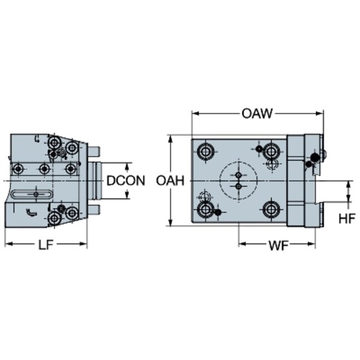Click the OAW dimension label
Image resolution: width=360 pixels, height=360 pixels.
coord(257,113)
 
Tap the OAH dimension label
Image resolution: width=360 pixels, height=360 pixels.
coord(170,181)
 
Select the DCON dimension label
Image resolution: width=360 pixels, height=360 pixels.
coord(126,181)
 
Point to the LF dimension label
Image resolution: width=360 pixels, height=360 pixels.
coord(46,245)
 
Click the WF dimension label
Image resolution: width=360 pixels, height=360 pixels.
coord(278,245)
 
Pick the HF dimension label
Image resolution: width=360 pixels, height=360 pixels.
coord(347,218)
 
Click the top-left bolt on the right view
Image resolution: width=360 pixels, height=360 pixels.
coord(205,152)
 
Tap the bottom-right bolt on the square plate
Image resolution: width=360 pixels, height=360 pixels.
coord(271,209)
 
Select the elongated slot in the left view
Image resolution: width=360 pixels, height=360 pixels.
coord(32,194)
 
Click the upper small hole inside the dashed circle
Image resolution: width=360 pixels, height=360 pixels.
coord(239,175)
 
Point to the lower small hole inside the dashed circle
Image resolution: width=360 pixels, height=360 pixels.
coord(239,186)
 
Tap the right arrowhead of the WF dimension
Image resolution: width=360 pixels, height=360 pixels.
coord(312,244)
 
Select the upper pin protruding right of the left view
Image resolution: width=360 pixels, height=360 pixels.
coord(94,152)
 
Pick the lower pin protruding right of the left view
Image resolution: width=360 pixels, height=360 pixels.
coord(94,209)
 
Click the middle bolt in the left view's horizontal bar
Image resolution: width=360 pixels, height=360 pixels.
coord(44,169)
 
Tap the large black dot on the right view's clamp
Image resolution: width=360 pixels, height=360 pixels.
coord(314,157)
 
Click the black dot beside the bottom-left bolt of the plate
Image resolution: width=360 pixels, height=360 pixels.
coord(218,212)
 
